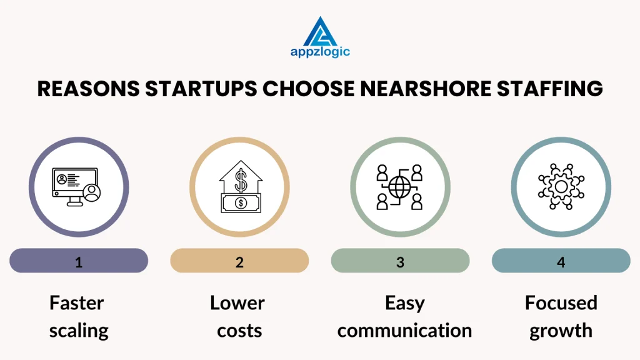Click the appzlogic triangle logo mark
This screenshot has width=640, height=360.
coord(320,31)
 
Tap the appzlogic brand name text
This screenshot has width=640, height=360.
coord(320,52)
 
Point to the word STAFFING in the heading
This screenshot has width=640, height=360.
coord(550,89)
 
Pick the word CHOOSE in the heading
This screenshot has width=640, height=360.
coord(309,89)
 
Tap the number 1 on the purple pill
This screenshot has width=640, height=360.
coord(79,262)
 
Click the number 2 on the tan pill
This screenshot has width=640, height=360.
coord(239,262)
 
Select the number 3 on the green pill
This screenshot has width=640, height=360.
coord(400,262)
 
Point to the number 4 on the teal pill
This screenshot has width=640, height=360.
coord(561,262)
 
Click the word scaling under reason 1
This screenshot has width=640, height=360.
coord(79,331)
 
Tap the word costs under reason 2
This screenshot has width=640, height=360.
coord(239,331)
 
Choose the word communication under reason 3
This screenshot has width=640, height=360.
coord(404,331)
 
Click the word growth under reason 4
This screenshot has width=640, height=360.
coord(561,331)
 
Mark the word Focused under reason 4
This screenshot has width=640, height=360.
coord(561,303)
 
